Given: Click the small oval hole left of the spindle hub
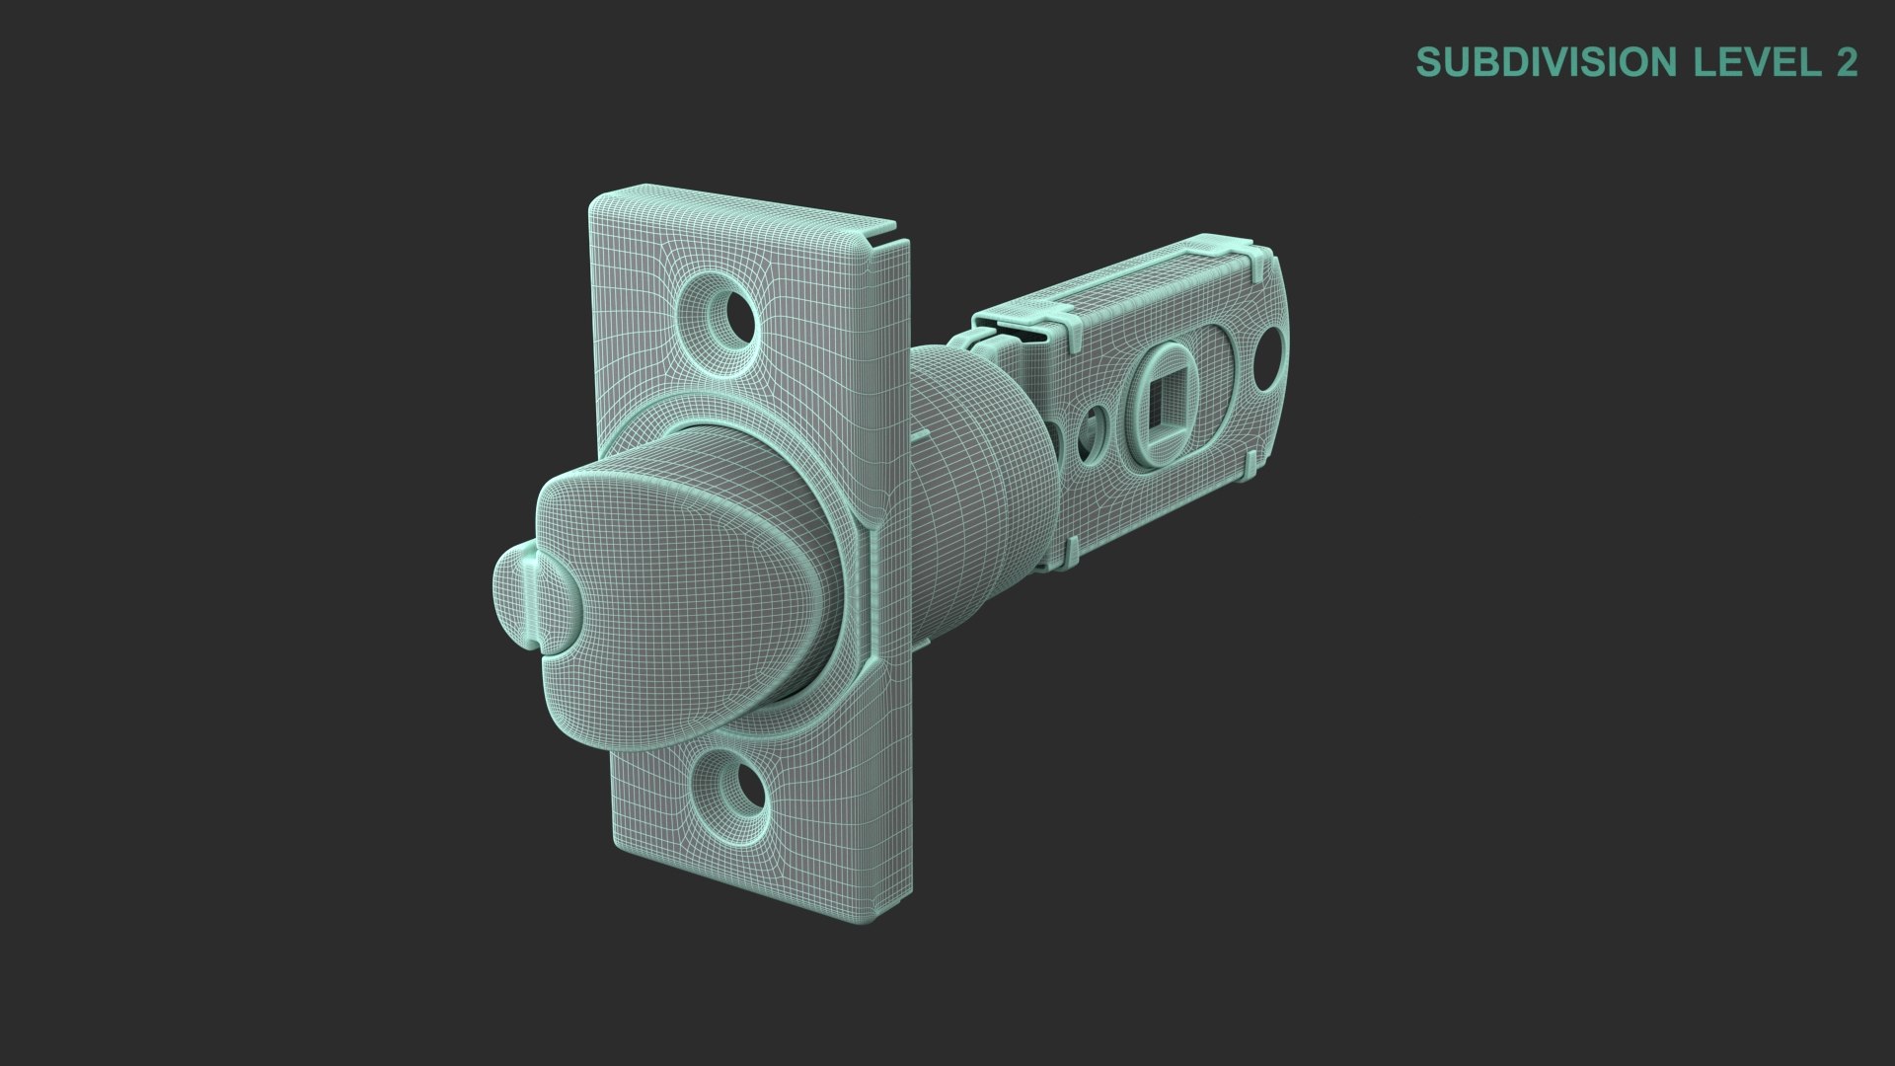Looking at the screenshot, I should (x=1092, y=428).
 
